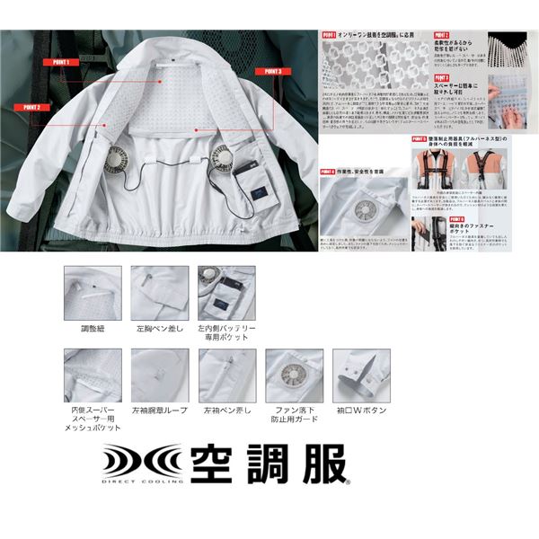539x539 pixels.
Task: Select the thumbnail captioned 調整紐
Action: [93, 293]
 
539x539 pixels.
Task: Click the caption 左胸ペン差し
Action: [158, 329]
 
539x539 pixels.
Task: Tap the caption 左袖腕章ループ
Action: [159, 410]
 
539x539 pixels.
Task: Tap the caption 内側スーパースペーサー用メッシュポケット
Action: [93, 420]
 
